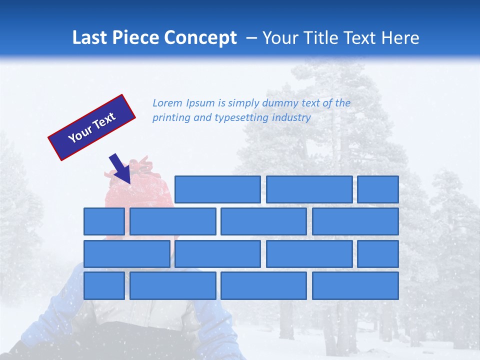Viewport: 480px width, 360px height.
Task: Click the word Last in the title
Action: coord(90,38)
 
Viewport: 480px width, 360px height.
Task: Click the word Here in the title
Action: coord(400,38)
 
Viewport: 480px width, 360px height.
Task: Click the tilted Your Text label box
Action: coord(92,127)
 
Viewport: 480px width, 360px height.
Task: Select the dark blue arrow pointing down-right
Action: coord(120,168)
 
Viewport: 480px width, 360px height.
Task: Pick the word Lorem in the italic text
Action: coord(168,103)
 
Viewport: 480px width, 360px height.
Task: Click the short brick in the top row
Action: coord(378,189)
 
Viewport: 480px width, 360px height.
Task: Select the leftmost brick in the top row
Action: coord(217,189)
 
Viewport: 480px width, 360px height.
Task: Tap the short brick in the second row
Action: coord(104,221)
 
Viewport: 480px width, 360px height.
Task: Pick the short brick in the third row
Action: coord(378,253)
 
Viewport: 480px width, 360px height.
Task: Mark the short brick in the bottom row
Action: coord(104,285)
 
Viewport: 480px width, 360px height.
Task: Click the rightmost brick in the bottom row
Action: coord(355,285)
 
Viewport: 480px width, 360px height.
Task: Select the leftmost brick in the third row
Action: coord(126,253)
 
